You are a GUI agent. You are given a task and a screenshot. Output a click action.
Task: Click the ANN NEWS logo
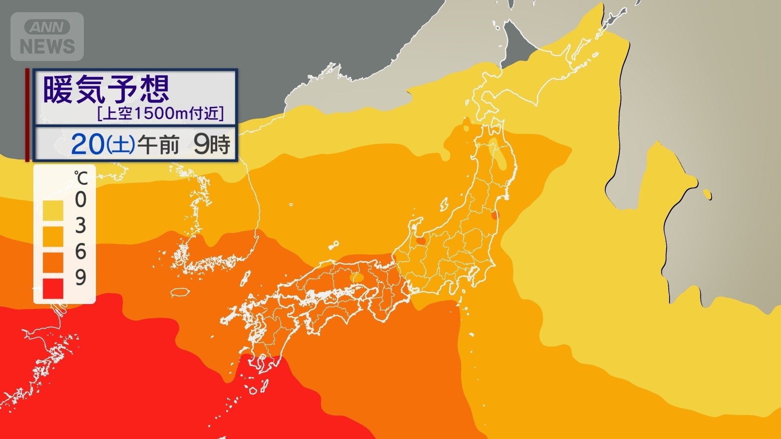pyautogui.click(x=47, y=37)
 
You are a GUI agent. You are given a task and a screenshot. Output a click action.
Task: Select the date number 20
pyautogui.click(x=87, y=144)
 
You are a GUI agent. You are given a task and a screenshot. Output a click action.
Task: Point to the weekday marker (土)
pyautogui.click(x=121, y=145)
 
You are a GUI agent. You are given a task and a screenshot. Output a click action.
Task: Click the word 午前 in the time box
pyautogui.click(x=158, y=145)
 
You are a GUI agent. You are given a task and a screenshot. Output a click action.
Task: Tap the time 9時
pyautogui.click(x=212, y=145)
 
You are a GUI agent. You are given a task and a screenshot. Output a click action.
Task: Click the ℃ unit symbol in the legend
pyautogui.click(x=81, y=178)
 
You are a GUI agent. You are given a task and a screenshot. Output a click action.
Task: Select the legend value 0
pyautogui.click(x=81, y=200)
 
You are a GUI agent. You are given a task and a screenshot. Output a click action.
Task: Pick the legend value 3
pyautogui.click(x=81, y=226)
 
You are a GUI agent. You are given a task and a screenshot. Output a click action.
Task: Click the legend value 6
pyautogui.click(x=81, y=252)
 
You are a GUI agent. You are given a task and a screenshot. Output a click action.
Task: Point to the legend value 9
pyautogui.click(x=81, y=277)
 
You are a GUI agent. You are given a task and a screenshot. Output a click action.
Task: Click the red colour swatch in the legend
pyautogui.click(x=53, y=288)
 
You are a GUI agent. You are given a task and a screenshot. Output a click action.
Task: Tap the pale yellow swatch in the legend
pyautogui.click(x=53, y=211)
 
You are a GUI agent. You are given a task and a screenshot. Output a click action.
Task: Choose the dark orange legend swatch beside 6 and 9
pyautogui.click(x=53, y=263)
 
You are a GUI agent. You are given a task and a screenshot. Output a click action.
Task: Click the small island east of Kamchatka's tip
pyautogui.click(x=707, y=195)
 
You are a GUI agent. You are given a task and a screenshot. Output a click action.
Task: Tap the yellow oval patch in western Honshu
pyautogui.click(x=358, y=278)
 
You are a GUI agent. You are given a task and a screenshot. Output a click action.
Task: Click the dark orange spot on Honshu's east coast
pyautogui.click(x=494, y=216)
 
